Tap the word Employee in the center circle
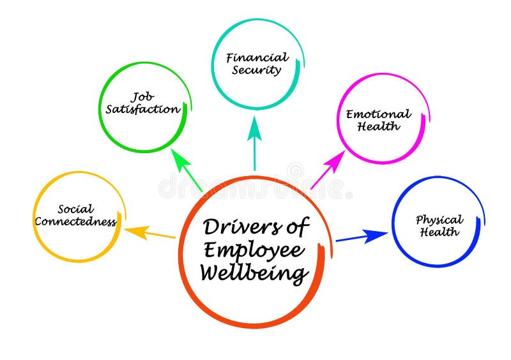(x=254, y=250)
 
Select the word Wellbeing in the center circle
(x=254, y=273)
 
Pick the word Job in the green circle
(x=143, y=97)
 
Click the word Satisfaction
(x=143, y=109)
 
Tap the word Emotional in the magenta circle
(x=379, y=114)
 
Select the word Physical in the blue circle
(x=439, y=220)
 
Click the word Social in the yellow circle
(x=75, y=209)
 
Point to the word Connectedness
(x=75, y=222)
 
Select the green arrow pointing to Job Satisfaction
(x=187, y=170)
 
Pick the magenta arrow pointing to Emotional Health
(x=328, y=169)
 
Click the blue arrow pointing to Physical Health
(x=361, y=237)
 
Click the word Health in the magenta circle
(x=379, y=126)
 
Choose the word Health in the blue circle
(x=439, y=232)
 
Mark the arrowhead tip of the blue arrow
(x=387, y=234)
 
